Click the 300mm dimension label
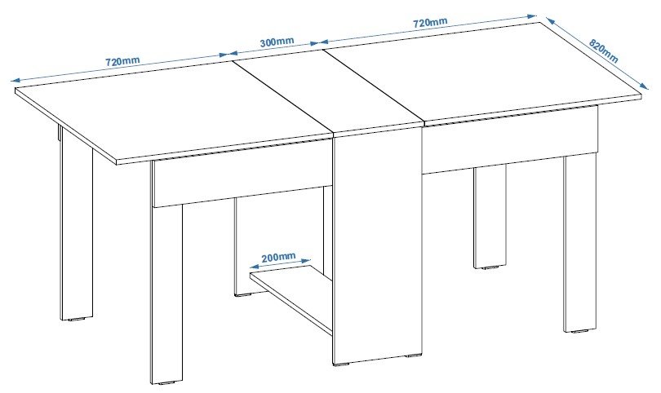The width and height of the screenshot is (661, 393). [277, 42]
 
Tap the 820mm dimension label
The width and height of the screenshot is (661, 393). [603, 51]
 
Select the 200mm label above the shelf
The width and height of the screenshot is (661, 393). [278, 257]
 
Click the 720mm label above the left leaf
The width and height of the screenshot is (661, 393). [122, 61]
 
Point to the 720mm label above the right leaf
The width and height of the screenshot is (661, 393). [430, 22]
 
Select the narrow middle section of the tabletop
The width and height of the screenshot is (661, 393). [328, 92]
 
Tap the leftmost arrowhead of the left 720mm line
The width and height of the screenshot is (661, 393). [16, 81]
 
